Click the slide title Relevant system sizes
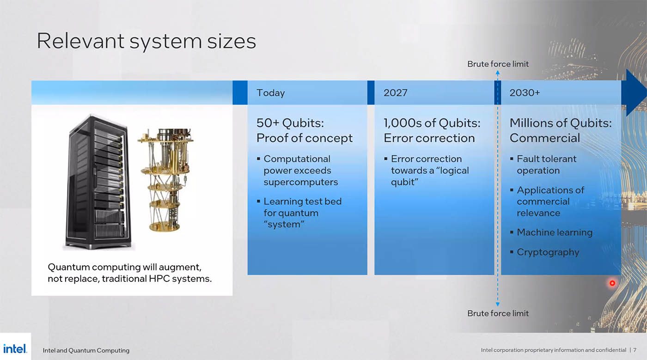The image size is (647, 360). tap(146, 41)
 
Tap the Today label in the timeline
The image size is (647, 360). tap(271, 93)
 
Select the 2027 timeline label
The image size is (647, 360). tap(396, 93)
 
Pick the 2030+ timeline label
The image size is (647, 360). tap(525, 93)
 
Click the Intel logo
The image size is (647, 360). tap(15, 349)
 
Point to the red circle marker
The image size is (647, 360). tap(612, 283)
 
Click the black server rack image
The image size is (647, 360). tap(98, 183)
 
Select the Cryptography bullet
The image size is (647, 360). tap(548, 252)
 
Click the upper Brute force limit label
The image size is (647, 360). tap(498, 64)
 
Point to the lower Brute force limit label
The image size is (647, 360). tap(498, 313)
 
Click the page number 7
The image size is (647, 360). tap(635, 350)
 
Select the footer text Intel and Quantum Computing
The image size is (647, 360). tap(86, 350)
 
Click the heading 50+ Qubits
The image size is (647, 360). tap(290, 123)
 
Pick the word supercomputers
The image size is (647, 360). tap(301, 183)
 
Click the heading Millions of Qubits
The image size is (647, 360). tap(561, 123)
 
